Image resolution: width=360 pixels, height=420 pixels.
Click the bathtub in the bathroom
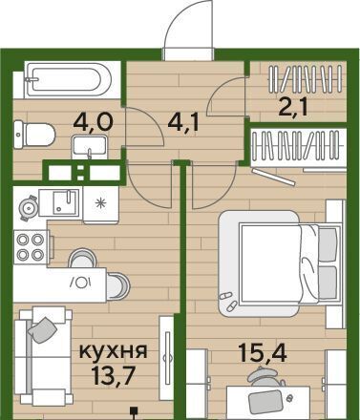pos(68,79)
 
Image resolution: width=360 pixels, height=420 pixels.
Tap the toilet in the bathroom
pos(34,135)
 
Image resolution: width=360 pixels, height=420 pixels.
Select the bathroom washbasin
pos(89,147)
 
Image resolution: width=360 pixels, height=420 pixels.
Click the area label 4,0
pos(93,121)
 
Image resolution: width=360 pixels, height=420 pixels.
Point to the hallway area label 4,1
pos(183,121)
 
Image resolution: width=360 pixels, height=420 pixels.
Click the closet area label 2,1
pos(292,107)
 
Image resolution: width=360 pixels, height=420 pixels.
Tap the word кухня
pos(113,350)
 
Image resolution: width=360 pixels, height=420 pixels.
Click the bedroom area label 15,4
pos(263,353)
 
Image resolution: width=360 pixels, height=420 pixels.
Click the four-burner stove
pos(31,247)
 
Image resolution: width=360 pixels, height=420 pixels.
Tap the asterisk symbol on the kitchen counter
pos(100,203)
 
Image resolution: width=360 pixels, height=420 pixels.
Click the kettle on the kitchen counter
pos(29,208)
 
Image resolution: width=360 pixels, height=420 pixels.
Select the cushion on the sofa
pos(43,329)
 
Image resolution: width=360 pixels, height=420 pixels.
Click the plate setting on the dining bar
pos(81,283)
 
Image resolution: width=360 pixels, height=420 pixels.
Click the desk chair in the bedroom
pos(265,376)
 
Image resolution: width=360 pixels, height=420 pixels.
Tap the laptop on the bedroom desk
pos(265,402)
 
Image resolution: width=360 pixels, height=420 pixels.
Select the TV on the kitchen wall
pos(167,358)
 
